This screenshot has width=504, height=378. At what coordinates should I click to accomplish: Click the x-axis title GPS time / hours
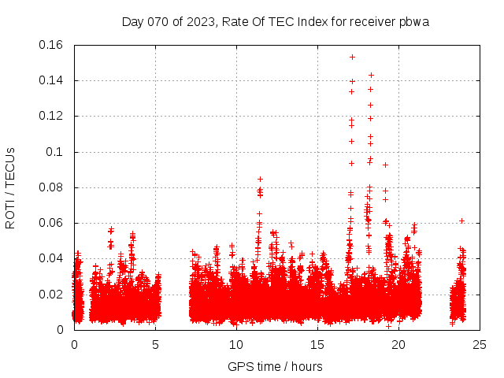tap(275, 366)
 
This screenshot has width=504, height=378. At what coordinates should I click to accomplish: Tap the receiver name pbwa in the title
tap(413, 21)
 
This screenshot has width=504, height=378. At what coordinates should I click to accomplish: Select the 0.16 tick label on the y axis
tap(51, 45)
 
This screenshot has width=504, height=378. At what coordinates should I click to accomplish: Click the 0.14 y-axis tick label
tap(51, 80)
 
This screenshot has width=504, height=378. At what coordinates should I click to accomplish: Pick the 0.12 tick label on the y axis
tap(51, 116)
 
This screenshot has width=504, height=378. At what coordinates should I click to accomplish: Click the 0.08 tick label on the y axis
tap(51, 187)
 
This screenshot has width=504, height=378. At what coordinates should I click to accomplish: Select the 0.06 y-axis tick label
tap(51, 223)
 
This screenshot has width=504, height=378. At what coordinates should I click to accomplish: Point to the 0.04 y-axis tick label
tap(51, 258)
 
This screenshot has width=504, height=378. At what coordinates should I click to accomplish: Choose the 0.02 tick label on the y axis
tap(51, 295)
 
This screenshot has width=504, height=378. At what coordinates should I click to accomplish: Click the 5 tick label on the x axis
tap(155, 344)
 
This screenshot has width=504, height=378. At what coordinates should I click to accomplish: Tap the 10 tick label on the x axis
tap(236, 344)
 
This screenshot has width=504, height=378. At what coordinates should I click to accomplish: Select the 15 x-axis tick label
tap(317, 344)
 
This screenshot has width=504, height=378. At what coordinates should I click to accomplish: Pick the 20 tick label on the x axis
tap(398, 344)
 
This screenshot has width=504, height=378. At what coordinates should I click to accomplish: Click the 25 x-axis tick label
tap(480, 344)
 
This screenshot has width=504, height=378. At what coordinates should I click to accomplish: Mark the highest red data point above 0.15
tap(352, 57)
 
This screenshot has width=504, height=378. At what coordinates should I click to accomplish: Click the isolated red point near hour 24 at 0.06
tap(461, 220)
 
